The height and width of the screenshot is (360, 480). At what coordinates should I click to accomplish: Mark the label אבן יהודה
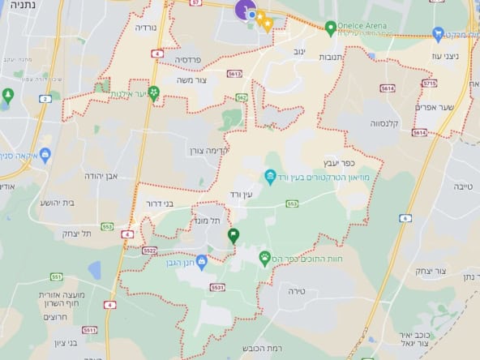click(x=101, y=175)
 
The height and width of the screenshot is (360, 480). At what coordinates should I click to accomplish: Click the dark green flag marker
click(x=234, y=236)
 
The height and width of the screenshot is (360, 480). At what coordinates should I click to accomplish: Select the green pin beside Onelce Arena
click(x=331, y=28)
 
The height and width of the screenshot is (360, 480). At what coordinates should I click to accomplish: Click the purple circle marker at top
click(x=243, y=10)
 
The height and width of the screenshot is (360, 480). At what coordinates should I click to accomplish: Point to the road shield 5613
click(x=234, y=74)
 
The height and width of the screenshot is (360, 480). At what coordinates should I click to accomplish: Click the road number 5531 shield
click(x=216, y=286)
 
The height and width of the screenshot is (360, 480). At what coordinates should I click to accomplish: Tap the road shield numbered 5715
click(x=429, y=84)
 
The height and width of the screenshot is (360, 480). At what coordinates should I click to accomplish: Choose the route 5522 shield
click(x=149, y=251)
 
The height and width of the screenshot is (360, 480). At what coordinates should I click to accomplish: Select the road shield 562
click(x=241, y=97)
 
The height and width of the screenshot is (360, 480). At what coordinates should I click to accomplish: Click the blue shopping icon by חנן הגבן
click(x=201, y=260)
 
